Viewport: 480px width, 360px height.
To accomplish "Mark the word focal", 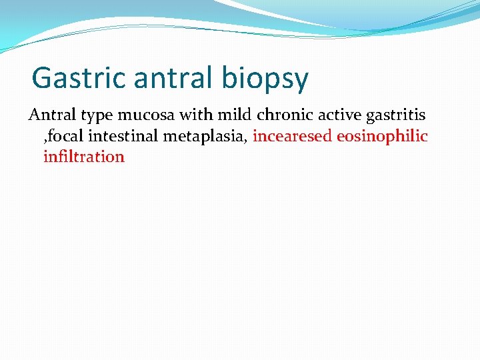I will (x=69, y=137).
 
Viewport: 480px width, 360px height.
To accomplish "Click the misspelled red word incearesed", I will (x=293, y=137).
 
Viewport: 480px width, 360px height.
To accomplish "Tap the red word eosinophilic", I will (x=383, y=137).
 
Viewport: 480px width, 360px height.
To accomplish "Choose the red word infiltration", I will (x=84, y=157).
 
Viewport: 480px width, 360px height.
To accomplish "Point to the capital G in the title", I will (x=42, y=77).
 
